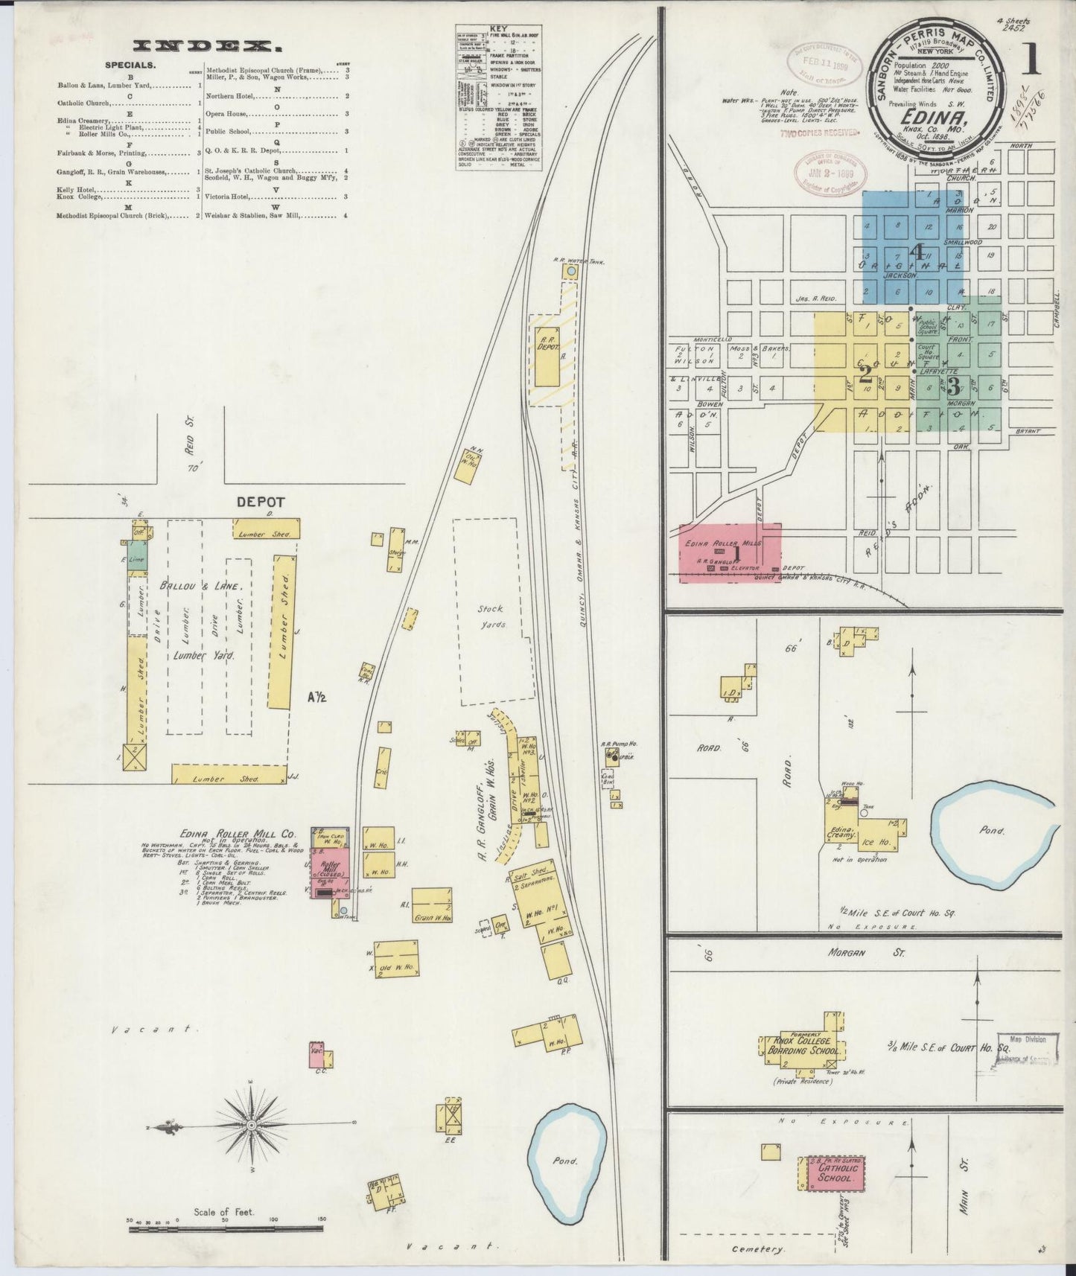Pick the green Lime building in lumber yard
pyautogui.click(x=136, y=559)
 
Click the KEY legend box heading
pyautogui.click(x=497, y=30)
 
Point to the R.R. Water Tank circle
pyautogui.click(x=570, y=273)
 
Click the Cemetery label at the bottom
pyautogui.click(x=758, y=1249)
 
